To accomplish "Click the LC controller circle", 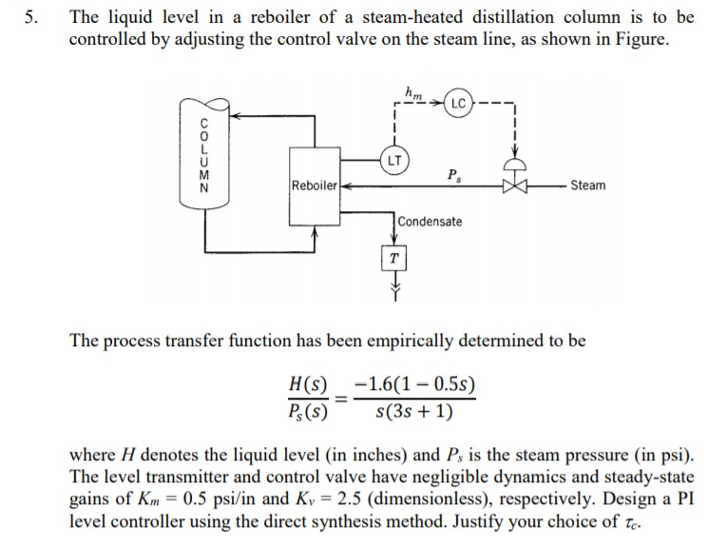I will pos(457,101).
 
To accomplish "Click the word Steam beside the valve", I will pos(587,185).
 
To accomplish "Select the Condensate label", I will pos(430,222).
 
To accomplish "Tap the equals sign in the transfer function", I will pos(342,400).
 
